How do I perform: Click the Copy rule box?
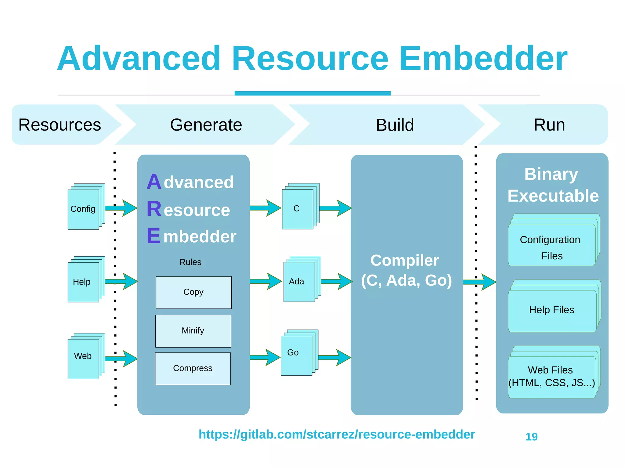coord(193,292)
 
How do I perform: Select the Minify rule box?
coord(193,331)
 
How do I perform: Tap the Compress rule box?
coord(193,369)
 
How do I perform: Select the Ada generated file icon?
coord(299,281)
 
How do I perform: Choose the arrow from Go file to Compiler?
coord(334,357)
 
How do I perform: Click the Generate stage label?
coord(206,125)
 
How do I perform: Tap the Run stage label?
coord(549,125)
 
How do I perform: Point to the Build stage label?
coord(395,125)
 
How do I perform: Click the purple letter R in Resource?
coord(154,209)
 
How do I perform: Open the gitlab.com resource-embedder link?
coord(337,434)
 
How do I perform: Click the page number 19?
coord(531,437)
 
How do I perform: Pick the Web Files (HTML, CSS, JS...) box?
coord(552,377)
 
